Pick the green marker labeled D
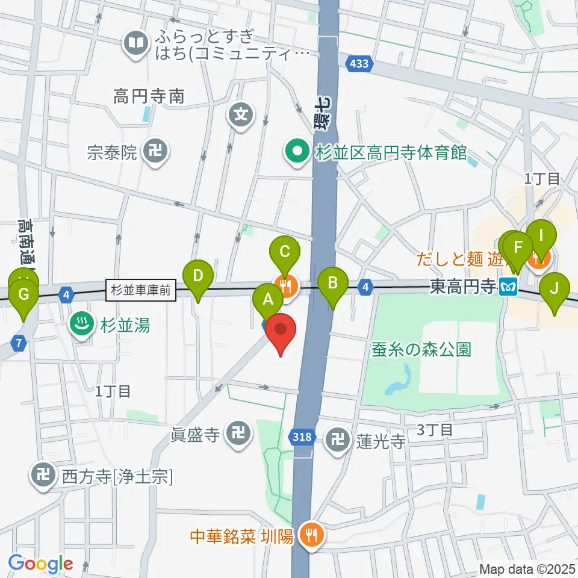[x=197, y=276]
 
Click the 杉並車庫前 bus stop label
[x=141, y=290]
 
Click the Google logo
[x=40, y=564]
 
